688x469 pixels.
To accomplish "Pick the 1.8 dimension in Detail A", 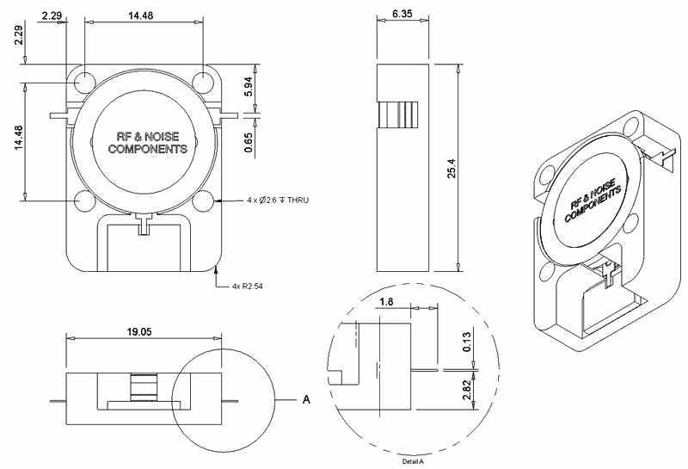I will [x=387, y=302].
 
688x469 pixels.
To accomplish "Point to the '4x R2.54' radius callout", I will [x=249, y=285].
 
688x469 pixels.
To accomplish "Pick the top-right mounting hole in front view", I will [x=203, y=82].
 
